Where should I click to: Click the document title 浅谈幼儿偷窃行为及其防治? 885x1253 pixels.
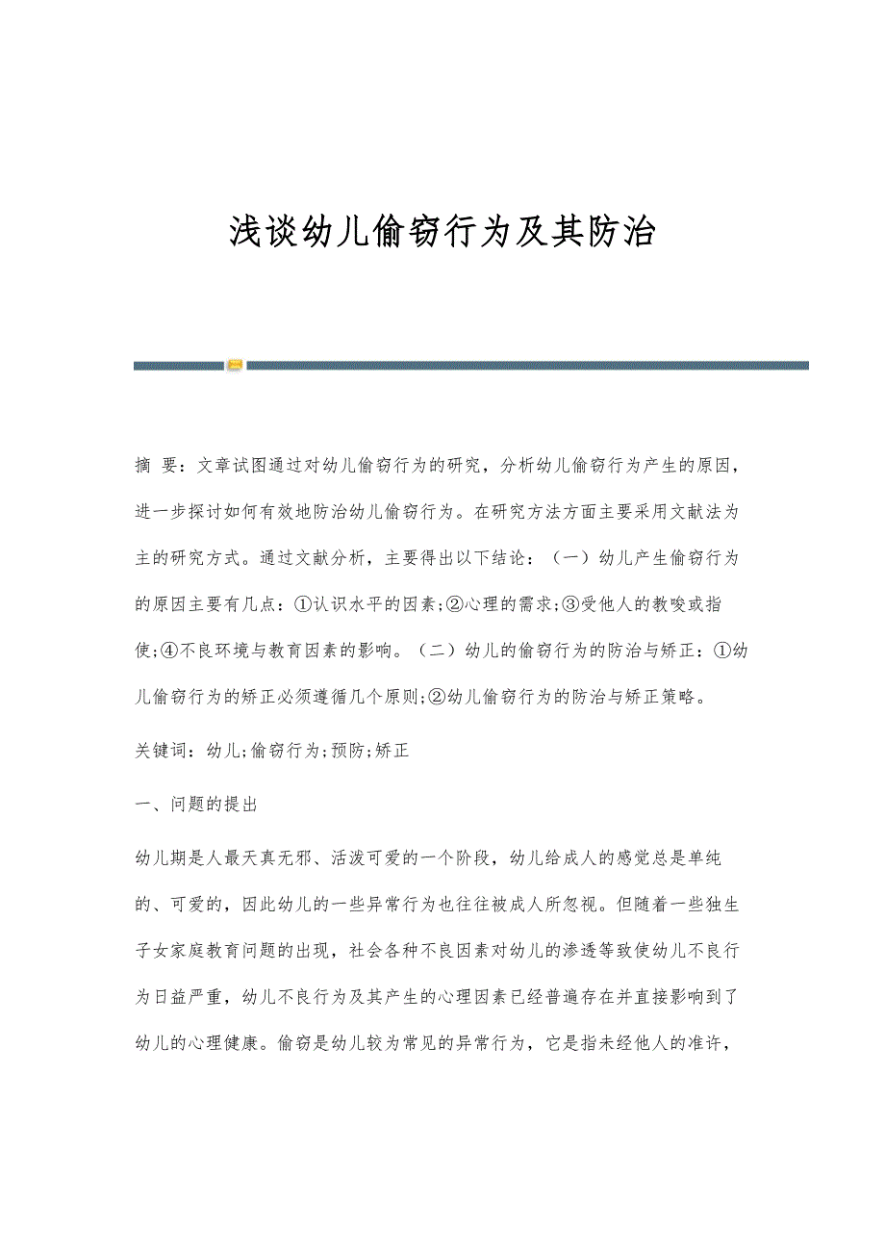click(442, 233)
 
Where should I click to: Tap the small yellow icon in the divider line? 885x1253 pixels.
click(235, 365)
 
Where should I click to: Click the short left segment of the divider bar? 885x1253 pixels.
click(179, 365)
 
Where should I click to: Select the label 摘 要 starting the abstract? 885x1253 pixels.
click(156, 466)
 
